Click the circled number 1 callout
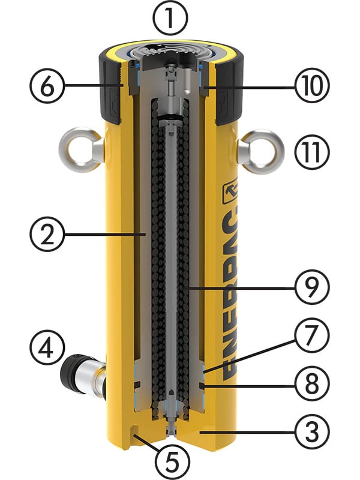coord(170,18)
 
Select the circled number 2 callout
coord(47,234)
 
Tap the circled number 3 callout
coord(312,433)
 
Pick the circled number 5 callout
coord(172,462)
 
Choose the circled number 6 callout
coord(47,86)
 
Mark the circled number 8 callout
coord(312,383)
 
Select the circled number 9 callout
coord(312,287)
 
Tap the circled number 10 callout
coord(312,86)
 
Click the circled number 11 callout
coord(312,152)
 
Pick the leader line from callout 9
coord(242,288)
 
